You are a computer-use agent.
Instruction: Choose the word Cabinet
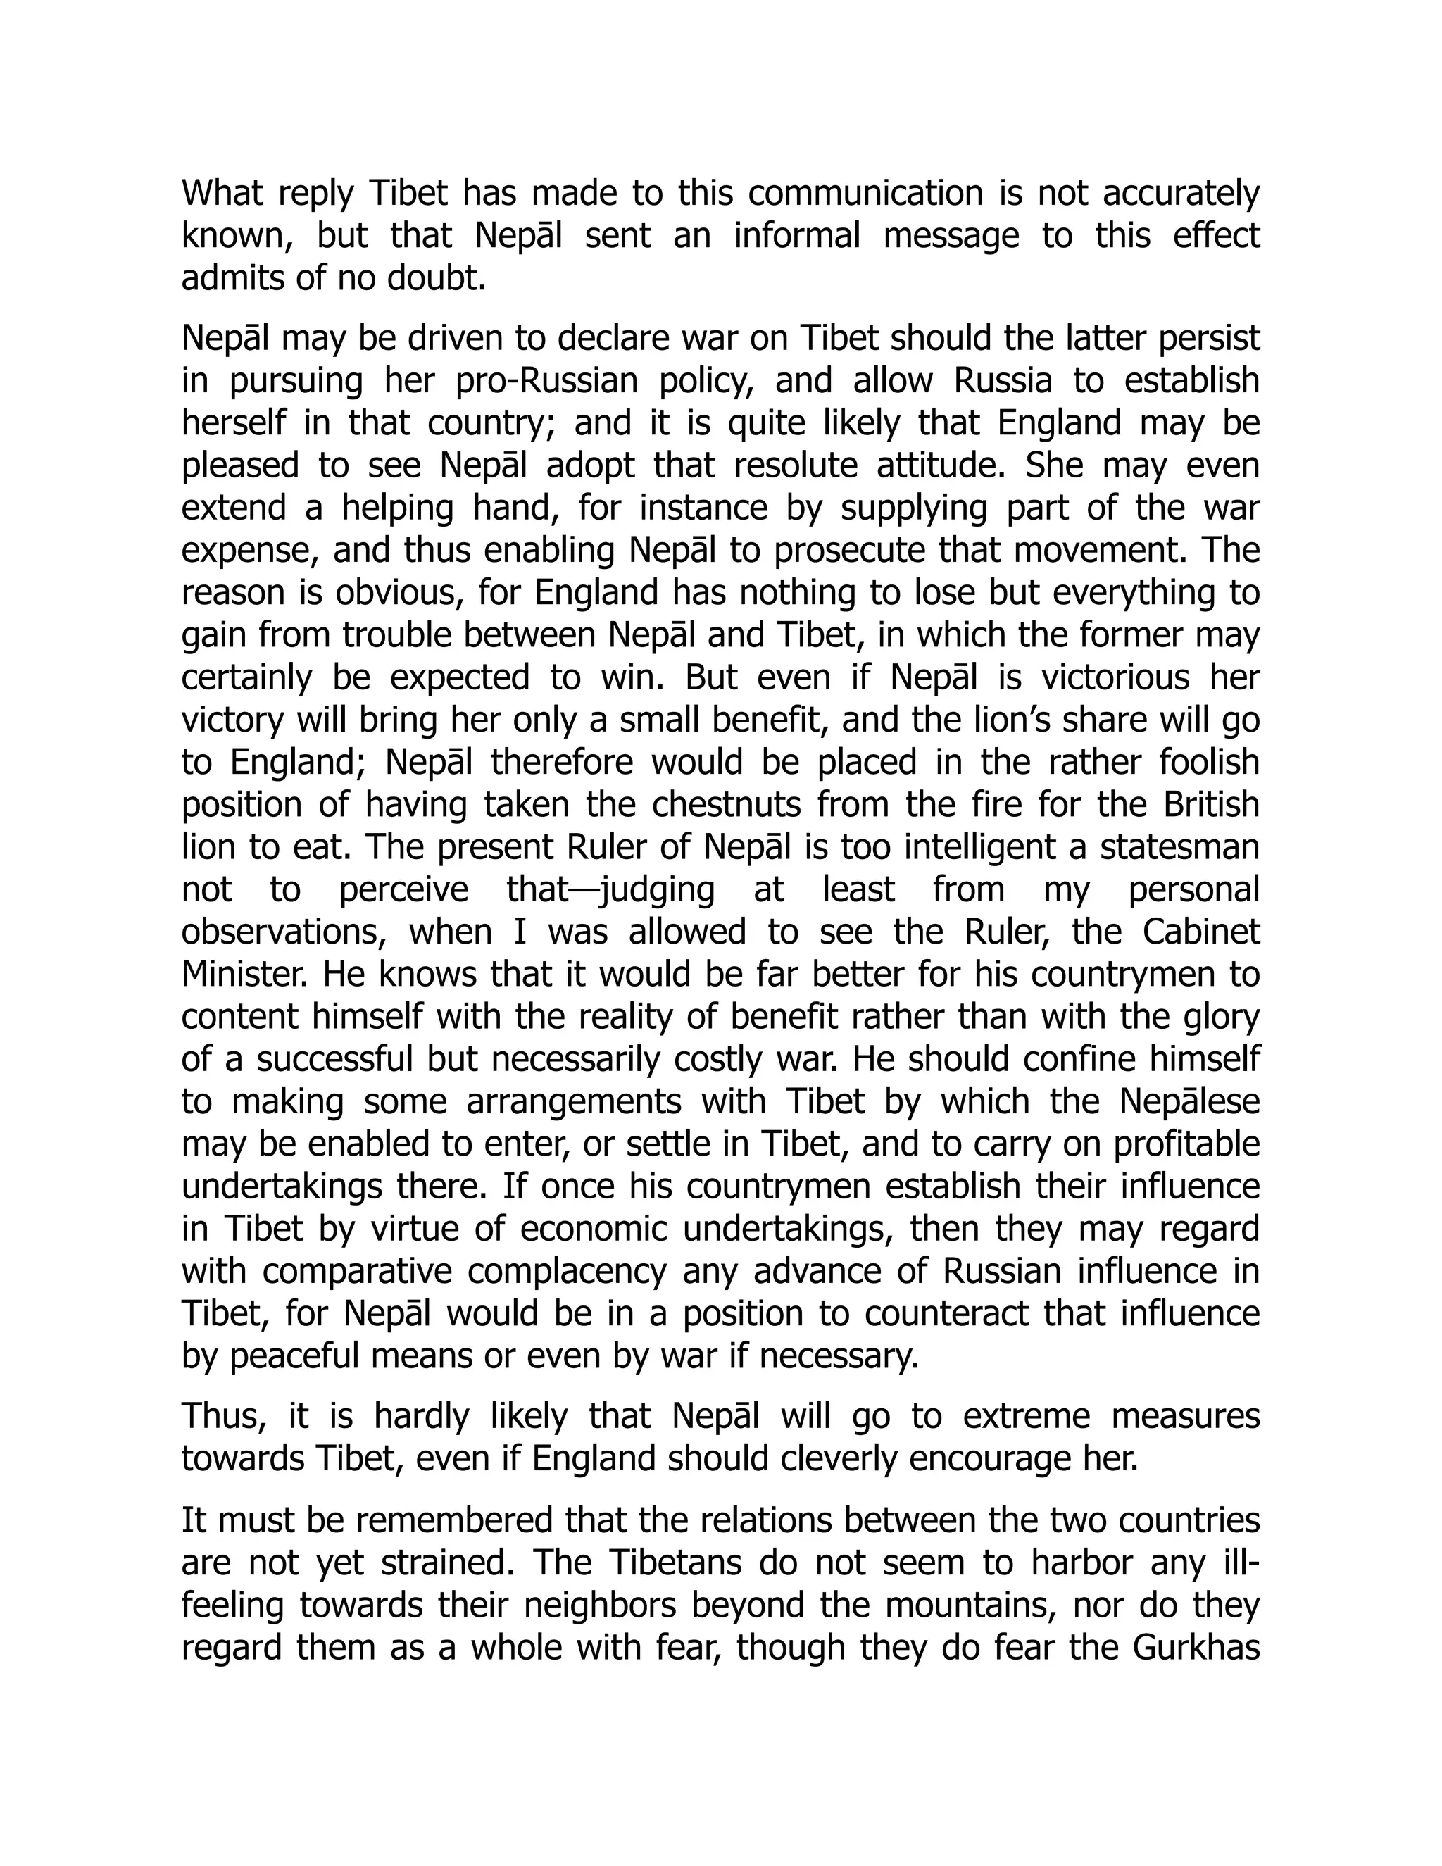(1201, 932)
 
